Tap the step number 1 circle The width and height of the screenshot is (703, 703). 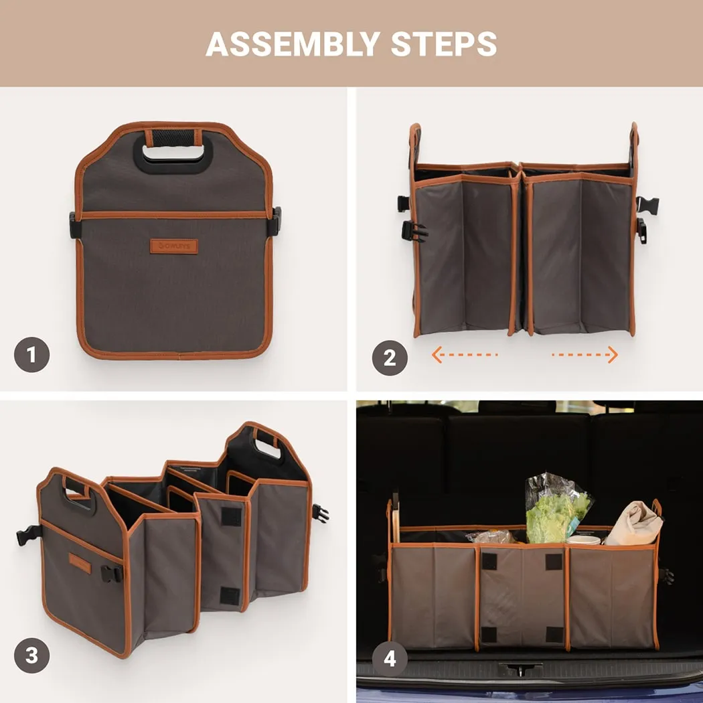pos(32,355)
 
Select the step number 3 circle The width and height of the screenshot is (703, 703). pos(32,655)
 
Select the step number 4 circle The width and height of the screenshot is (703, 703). pos(390,658)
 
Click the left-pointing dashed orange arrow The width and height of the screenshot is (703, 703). pos(464,355)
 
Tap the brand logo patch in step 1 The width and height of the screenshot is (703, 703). pos(173,246)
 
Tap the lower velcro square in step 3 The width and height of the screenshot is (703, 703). pos(230,595)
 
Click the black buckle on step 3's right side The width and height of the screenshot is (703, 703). pos(320,514)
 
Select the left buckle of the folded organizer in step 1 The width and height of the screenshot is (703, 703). pos(73,226)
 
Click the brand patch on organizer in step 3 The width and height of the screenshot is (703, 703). pos(80,563)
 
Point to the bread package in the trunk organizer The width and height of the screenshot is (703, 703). pos(491,536)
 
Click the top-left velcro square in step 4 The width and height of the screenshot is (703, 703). pos(489,561)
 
